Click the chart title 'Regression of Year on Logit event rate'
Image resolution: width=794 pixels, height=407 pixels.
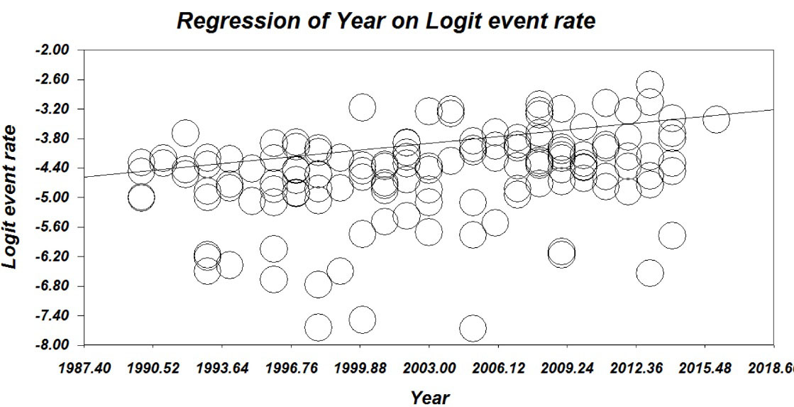tap(385, 21)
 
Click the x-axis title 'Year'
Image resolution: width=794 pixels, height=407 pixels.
tap(430, 397)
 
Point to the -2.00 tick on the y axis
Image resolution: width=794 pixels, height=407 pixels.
tap(59, 50)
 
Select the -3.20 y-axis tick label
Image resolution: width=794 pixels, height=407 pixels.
tap(59, 109)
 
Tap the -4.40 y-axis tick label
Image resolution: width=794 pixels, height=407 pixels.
tap(59, 168)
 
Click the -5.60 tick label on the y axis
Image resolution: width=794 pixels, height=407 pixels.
tap(59, 227)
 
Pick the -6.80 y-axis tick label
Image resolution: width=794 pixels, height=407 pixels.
tap(59, 286)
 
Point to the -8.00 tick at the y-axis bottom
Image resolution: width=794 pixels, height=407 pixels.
tap(59, 345)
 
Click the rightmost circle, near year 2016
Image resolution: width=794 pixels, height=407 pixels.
tap(716, 119)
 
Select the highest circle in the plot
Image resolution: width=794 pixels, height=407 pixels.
tap(650, 85)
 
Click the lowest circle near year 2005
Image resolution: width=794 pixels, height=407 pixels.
tap(473, 328)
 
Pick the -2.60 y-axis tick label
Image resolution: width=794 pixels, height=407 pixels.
tap(59, 80)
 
